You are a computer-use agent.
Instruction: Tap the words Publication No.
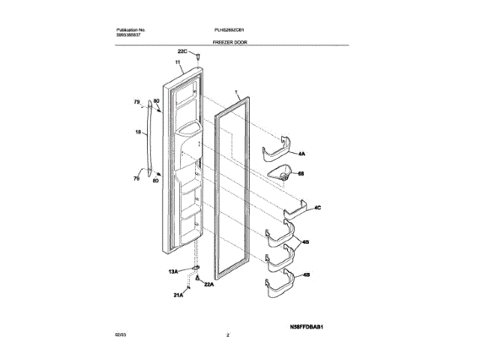(x=133, y=29)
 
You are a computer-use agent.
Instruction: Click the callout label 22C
(x=182, y=51)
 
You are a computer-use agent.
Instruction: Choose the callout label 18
(x=137, y=133)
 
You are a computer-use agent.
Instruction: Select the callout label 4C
(x=317, y=207)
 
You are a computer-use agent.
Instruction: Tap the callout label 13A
(x=172, y=271)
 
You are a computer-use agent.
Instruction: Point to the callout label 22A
(x=209, y=285)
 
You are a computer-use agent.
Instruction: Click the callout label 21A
(x=178, y=297)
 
